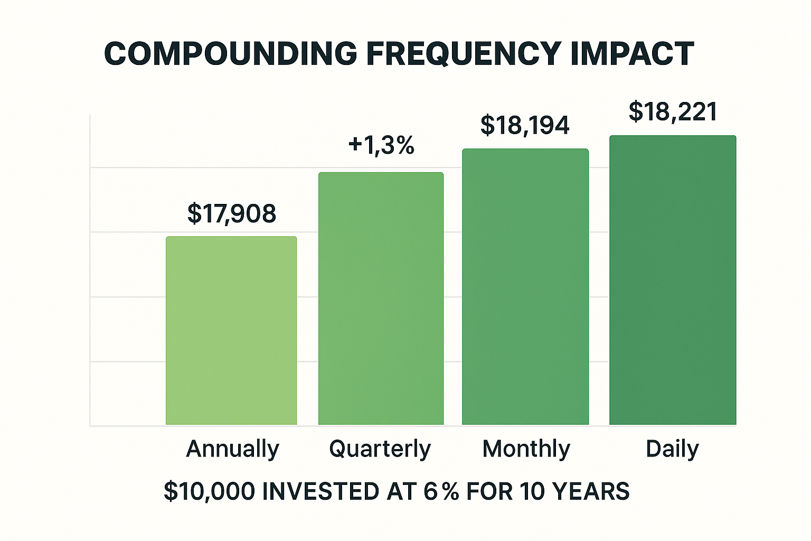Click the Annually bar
231,331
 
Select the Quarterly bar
381,299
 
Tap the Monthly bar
525,287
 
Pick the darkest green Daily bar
673,280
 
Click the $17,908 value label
232,213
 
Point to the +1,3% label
381,145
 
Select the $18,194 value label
525,125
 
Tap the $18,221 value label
673,112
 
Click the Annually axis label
232,449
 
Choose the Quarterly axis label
380,449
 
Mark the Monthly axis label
526,449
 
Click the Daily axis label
672,449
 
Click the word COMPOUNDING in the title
231,54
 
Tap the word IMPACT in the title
632,54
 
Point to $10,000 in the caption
210,491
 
